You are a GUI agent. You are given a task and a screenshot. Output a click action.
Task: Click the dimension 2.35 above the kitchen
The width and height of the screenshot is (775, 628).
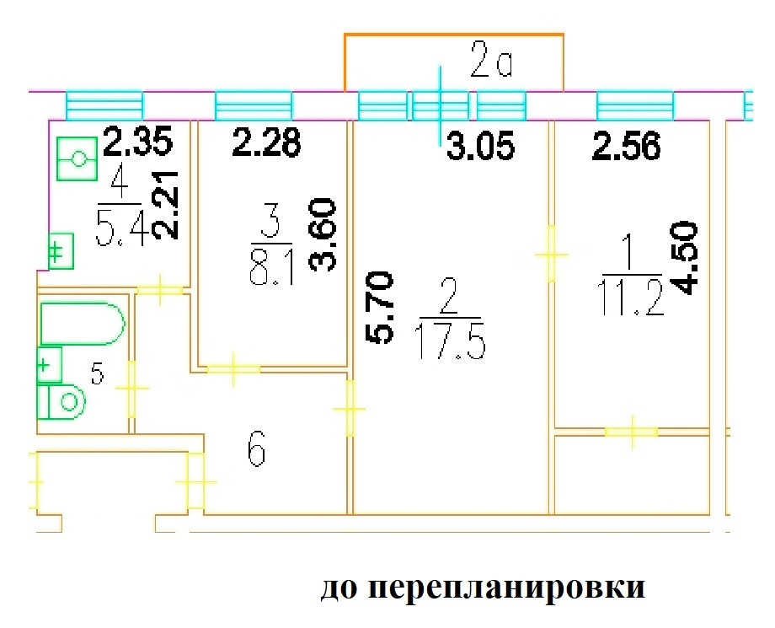coord(138,141)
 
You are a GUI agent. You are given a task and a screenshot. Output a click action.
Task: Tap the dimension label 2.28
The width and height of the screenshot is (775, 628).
coord(267,143)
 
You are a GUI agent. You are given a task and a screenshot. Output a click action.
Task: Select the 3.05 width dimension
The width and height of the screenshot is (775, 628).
coord(481,147)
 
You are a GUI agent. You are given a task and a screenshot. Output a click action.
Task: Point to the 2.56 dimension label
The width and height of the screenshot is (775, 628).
coord(627,147)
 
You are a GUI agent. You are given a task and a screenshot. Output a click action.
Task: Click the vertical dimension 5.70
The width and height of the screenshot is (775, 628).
coord(380,307)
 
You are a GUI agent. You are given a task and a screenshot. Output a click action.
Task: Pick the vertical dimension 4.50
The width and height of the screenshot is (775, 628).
coord(684,258)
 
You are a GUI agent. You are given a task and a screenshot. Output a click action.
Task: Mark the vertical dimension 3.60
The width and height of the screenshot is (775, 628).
coord(322,234)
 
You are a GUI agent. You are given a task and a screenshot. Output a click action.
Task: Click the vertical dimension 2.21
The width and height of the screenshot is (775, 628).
coord(164,205)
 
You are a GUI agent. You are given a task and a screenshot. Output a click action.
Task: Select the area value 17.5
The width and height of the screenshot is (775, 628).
coord(451,341)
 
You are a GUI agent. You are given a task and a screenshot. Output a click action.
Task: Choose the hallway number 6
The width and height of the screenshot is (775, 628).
coord(257,449)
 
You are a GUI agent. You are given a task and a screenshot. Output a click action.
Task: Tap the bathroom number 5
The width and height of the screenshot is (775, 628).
coord(98,373)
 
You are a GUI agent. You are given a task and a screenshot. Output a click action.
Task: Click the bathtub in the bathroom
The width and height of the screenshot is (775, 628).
coord(82,324)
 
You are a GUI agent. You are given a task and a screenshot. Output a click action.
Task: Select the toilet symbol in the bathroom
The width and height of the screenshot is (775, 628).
coord(61,401)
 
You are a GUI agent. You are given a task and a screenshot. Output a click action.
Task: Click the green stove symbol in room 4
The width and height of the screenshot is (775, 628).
coord(77,158)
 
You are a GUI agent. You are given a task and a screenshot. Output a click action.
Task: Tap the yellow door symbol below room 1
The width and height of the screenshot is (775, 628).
coord(632,432)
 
